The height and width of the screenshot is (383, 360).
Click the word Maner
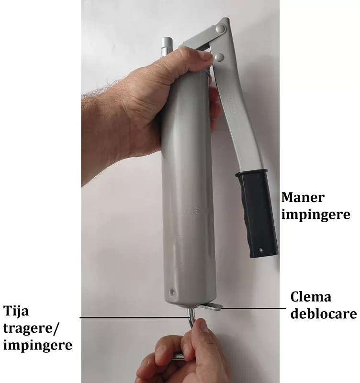click(x=303, y=197)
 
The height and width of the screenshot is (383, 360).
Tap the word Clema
click(x=311, y=297)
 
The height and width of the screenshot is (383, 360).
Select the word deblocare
click(x=324, y=314)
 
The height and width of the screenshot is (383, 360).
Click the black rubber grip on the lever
click(x=257, y=214)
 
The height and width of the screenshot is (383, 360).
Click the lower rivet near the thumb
click(x=219, y=57)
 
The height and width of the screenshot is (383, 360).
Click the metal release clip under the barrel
click(x=212, y=306)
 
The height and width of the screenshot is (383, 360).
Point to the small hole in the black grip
click(x=261, y=250)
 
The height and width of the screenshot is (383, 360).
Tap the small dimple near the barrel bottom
click(x=173, y=292)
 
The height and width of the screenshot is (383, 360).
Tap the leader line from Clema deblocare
click(x=253, y=308)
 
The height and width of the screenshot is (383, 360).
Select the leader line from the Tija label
click(x=135, y=317)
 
